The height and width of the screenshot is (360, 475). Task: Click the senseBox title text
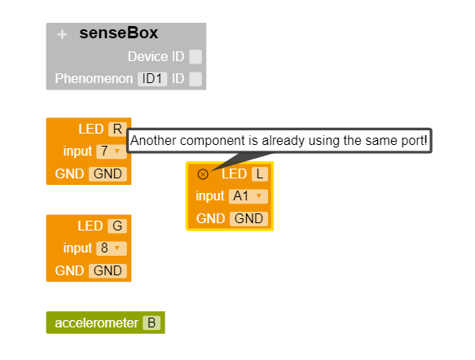click(118, 33)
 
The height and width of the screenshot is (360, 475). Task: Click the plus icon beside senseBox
click(62, 35)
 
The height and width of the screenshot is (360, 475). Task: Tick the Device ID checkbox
click(196, 57)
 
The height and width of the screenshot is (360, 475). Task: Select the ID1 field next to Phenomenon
click(152, 79)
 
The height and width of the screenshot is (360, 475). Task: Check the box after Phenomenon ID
click(196, 79)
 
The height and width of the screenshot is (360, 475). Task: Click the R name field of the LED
click(117, 129)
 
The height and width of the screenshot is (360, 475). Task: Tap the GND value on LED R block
click(108, 173)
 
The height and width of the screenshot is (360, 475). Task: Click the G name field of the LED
click(117, 226)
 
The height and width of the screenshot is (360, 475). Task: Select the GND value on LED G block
click(108, 270)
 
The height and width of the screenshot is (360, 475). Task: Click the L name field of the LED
click(260, 173)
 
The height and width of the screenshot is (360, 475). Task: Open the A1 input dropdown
click(248, 195)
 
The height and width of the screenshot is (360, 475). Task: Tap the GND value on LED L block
click(248, 218)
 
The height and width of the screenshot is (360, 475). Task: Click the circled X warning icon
click(203, 173)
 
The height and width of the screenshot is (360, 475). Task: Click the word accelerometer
click(96, 323)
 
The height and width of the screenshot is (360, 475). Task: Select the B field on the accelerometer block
click(152, 323)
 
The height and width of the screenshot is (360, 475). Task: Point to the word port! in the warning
click(413, 140)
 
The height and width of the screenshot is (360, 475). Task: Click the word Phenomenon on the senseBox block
click(94, 79)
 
